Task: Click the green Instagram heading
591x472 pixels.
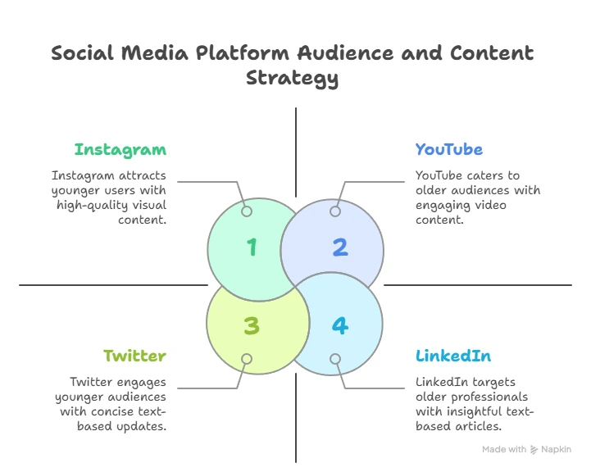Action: pos(120,150)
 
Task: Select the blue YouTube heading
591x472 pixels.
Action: pos(449,149)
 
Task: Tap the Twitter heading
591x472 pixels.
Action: pos(135,356)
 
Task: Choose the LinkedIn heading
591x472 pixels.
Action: pos(453,356)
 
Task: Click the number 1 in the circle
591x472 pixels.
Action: pos(252,247)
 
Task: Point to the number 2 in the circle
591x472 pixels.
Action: pos(340,247)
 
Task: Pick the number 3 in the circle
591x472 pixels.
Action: pos(252,325)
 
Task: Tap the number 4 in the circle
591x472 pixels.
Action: pos(340,325)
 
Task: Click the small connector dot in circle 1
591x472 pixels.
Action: pos(247,211)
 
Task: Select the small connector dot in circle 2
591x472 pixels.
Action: pos(335,211)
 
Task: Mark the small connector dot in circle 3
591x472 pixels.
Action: pos(247,359)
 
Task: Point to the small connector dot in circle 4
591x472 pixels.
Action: pos(335,359)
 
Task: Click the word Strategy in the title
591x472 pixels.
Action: pos(292,79)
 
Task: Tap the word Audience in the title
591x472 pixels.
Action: pos(346,52)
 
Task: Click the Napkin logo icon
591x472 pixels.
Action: pos(534,449)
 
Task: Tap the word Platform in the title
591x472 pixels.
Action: pos(243,52)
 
